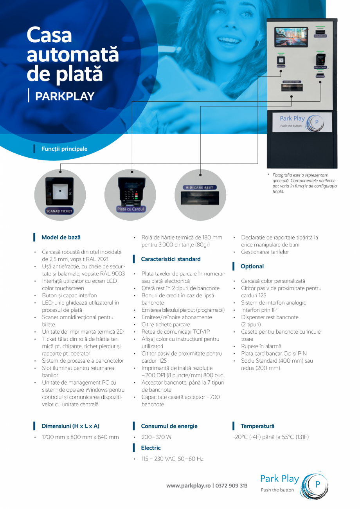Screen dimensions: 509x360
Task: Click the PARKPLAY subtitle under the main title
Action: pyautogui.click(x=65, y=96)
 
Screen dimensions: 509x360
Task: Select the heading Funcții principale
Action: pyautogui.click(x=64, y=149)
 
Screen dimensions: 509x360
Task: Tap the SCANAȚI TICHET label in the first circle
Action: pyautogui.click(x=59, y=211)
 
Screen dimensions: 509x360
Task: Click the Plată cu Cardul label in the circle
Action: pyautogui.click(x=131, y=209)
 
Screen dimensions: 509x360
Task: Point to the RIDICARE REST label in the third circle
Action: pyautogui.click(x=200, y=188)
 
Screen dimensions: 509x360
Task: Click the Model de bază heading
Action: pyautogui.click(x=61, y=237)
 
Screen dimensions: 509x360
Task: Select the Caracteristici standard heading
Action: pyautogui.click(x=171, y=259)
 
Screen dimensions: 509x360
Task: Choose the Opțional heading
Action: pyautogui.click(x=252, y=266)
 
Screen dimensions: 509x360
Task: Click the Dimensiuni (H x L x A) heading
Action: pyautogui.click(x=70, y=426)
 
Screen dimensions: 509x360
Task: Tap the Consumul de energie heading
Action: pyautogui.click(x=169, y=426)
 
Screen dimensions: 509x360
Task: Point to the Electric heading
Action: pyautogui.click(x=151, y=448)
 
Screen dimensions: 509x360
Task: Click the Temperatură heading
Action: pyautogui.click(x=257, y=426)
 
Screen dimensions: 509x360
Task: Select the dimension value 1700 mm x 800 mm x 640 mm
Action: pyautogui.click(x=80, y=437)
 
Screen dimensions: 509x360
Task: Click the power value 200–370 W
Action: pyautogui.click(x=157, y=437)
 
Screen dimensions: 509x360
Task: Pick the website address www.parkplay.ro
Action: pyautogui.click(x=189, y=486)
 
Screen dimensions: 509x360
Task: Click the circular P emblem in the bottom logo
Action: pyautogui.click(x=317, y=484)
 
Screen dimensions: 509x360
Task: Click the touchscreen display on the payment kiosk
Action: pyautogui.click(x=291, y=37)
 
